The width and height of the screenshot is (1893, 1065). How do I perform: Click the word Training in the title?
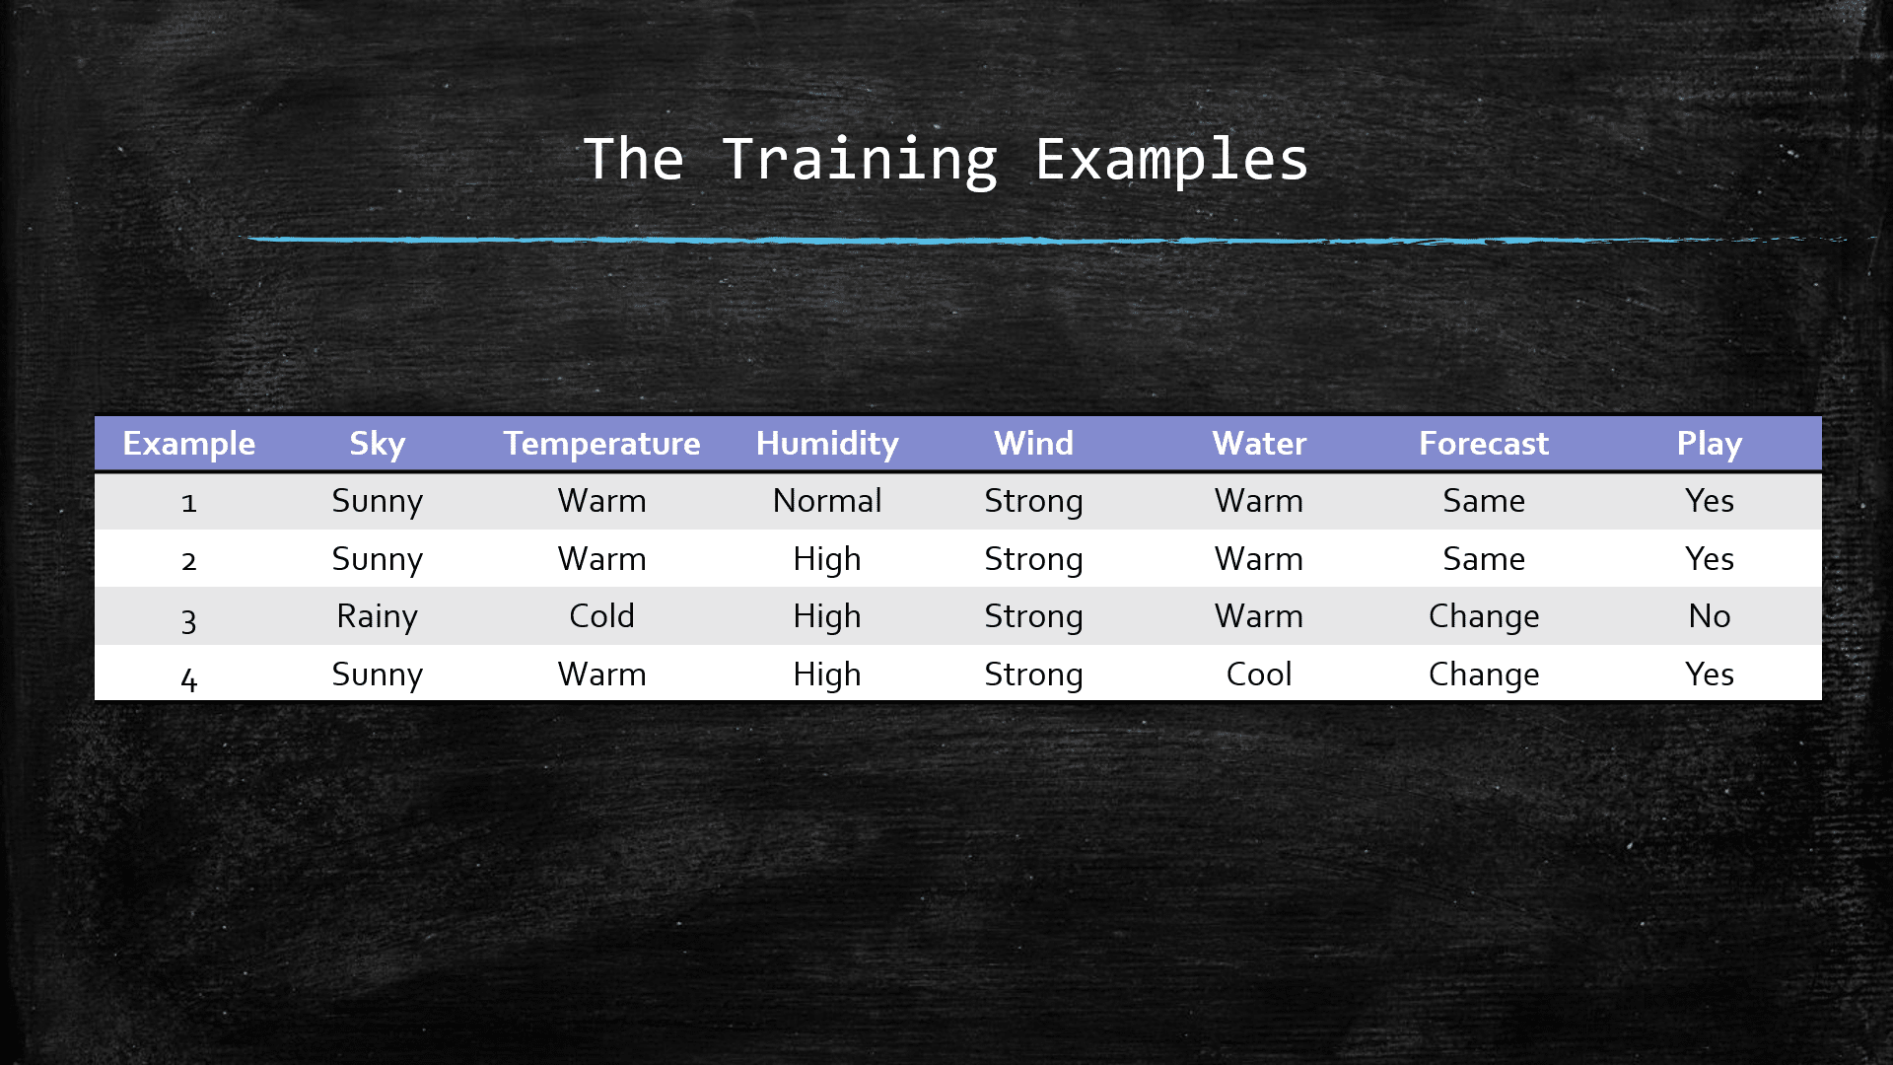859,160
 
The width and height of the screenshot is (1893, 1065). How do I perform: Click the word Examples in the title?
1171,160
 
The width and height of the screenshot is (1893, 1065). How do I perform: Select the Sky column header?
377,444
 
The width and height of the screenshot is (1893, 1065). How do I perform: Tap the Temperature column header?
601,444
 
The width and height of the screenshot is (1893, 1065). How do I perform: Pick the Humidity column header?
827,444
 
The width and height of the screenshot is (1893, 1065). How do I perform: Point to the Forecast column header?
1484,444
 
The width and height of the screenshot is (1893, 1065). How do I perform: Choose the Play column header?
1709,444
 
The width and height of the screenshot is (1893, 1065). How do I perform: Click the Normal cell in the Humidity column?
827,501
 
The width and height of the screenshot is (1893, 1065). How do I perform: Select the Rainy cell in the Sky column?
377,616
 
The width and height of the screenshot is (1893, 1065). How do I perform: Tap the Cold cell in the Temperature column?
601,616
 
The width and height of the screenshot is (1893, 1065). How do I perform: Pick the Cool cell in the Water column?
1259,674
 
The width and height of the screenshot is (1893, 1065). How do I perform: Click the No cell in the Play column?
1709,616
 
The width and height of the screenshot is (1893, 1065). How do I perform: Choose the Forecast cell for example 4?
1484,674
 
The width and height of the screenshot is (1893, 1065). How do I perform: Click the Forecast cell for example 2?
1484,559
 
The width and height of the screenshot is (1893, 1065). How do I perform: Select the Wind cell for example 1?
1033,501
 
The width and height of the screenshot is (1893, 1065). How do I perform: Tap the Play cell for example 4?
1709,674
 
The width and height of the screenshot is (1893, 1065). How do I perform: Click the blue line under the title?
986,240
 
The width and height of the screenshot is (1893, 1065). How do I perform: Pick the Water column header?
1259,444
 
